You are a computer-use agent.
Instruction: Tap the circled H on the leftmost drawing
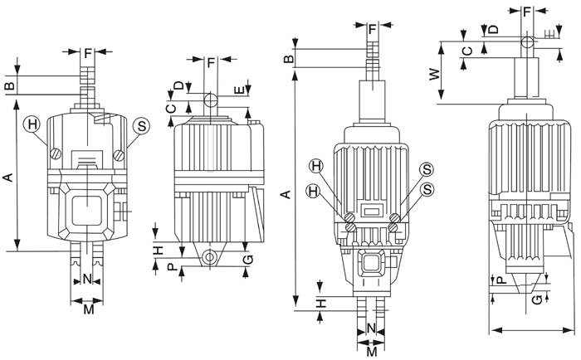click(32, 125)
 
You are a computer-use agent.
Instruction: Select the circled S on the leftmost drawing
click(141, 125)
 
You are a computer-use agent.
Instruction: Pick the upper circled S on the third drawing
click(426, 168)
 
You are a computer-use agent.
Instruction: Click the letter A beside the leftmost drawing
click(9, 177)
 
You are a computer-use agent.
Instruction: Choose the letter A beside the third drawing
click(285, 194)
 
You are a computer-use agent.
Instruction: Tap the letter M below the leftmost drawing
click(87, 311)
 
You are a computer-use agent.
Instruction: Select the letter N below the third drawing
click(370, 328)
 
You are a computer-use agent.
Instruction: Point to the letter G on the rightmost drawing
click(537, 299)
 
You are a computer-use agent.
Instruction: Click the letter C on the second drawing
click(170, 106)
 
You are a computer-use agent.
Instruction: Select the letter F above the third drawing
click(372, 31)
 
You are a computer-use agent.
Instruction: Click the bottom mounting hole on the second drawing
click(211, 258)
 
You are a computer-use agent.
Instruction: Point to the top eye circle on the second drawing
click(211, 101)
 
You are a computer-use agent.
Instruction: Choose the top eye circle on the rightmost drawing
click(527, 41)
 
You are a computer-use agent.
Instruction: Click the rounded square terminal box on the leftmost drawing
click(86, 207)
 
